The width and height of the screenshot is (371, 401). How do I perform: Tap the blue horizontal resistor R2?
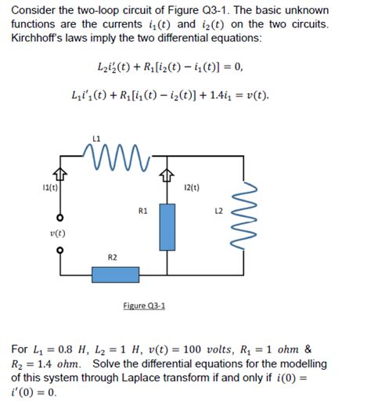[x=114, y=275]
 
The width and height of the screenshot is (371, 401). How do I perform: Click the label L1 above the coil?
[x=96, y=139]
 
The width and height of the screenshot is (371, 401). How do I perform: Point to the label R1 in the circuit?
[x=142, y=211]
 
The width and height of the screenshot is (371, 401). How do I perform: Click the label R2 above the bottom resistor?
[x=113, y=256]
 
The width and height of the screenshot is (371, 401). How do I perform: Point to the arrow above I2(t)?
[x=166, y=175]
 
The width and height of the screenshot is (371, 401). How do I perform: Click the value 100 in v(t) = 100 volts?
[x=195, y=349]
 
